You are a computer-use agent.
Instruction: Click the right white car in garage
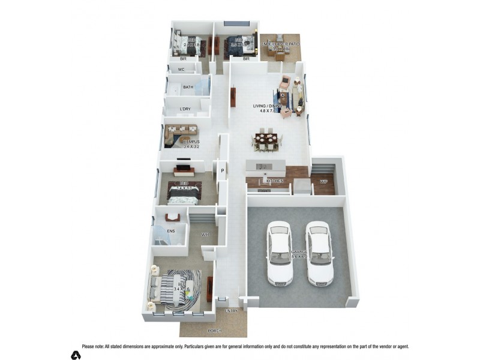tap(319, 252)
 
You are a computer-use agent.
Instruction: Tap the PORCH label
tap(214, 331)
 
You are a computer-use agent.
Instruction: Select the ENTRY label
tap(232, 311)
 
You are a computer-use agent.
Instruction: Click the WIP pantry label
tap(323, 181)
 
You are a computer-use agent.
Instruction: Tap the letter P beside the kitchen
tap(222, 170)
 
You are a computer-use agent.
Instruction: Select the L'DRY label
tap(185, 109)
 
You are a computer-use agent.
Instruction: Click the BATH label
tap(188, 88)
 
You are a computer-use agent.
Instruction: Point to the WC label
tap(180, 70)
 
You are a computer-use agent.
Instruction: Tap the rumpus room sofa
tap(181, 129)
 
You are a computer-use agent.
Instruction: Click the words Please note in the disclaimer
tap(93, 346)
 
